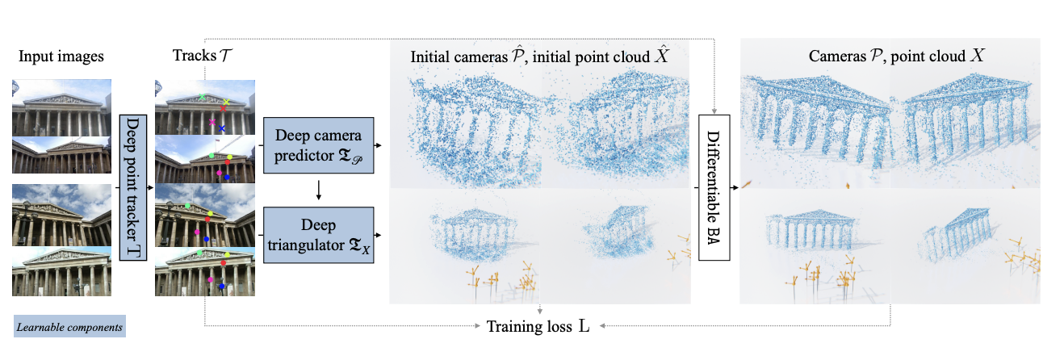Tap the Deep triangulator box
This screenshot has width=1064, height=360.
point(319,235)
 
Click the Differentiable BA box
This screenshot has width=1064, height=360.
point(714,186)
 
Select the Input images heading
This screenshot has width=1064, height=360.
point(61,57)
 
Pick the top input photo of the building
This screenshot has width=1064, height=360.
point(61,107)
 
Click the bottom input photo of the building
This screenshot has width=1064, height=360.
point(61,272)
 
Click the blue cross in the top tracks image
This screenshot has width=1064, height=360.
point(222,129)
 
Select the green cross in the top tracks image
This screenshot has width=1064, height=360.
point(202,98)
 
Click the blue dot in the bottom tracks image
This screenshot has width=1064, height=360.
point(220,286)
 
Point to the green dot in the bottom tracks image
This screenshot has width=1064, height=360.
point(200,253)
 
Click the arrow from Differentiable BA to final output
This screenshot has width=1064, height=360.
point(734,186)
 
